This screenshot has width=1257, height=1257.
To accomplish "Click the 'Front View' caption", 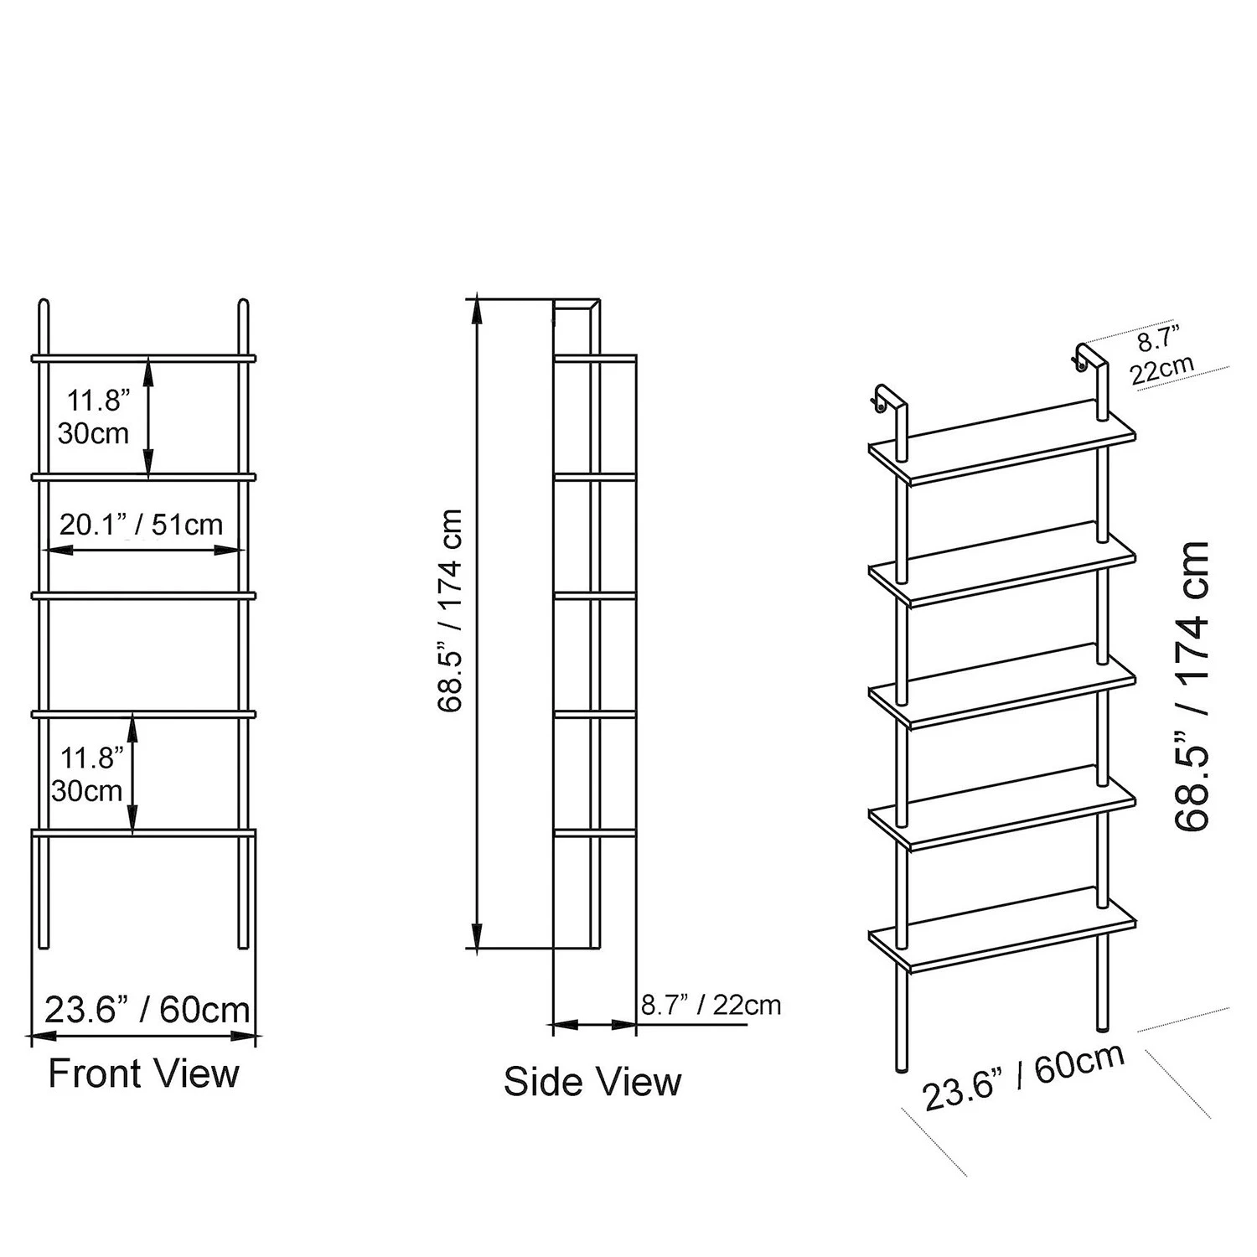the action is [143, 1073].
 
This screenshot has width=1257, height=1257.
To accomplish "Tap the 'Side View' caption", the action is [592, 1082].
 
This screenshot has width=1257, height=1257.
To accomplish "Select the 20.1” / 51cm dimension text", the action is [142, 525].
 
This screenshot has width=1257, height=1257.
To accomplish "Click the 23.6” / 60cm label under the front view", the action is [147, 1010].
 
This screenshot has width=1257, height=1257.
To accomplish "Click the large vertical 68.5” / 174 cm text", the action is [1192, 685].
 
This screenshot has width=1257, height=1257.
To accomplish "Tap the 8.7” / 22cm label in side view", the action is [711, 1005].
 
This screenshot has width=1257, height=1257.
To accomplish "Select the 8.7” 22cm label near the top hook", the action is [1161, 355].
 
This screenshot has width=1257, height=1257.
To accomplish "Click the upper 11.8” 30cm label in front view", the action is [95, 416].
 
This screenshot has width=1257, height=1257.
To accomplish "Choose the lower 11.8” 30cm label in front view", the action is [88, 774].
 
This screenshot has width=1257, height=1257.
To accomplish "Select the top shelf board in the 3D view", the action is [1002, 442].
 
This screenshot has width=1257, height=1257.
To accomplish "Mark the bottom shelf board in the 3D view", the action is [1002, 930].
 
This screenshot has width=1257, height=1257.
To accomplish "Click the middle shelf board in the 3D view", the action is [1002, 686].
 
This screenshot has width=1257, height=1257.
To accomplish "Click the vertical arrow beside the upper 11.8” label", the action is [148, 417].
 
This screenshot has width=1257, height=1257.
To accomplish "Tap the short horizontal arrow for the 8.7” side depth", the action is [594, 1024].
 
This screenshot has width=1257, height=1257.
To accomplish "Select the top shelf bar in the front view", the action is [143, 358].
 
